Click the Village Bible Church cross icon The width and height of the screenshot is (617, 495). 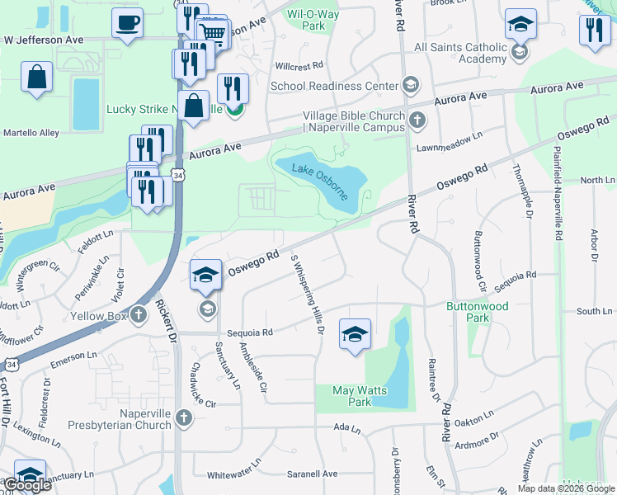[417, 121]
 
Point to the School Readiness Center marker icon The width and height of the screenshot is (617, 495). [410, 86]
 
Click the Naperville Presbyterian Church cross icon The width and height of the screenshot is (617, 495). [183, 419]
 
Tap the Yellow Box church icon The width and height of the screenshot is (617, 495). [138, 315]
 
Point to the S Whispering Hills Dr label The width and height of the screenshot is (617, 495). [306, 292]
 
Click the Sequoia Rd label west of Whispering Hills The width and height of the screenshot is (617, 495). [256, 332]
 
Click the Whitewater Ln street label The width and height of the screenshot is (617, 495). [233, 475]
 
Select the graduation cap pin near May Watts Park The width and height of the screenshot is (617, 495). [355, 334]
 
